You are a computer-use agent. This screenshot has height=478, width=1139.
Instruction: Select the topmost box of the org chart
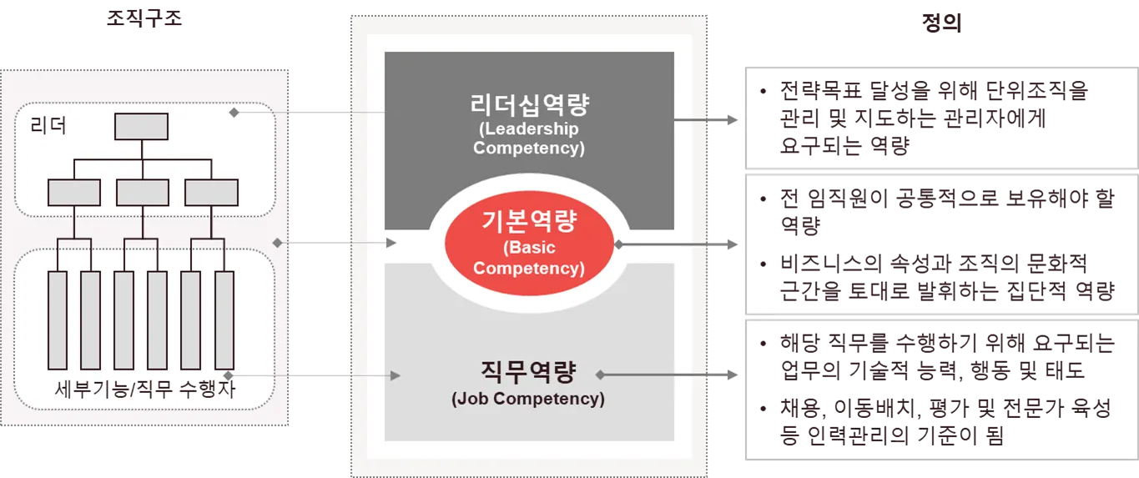click(141, 125)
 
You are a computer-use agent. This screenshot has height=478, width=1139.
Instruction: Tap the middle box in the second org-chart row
click(142, 193)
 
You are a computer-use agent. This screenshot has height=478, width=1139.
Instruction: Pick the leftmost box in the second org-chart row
click(73, 193)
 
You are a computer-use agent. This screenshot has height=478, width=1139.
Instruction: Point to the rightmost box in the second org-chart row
click(210, 193)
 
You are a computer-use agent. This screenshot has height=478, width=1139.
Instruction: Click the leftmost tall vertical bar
click(57, 320)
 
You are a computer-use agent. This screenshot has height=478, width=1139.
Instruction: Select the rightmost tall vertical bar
click(223, 320)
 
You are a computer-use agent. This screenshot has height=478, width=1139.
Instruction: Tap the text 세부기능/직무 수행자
click(144, 389)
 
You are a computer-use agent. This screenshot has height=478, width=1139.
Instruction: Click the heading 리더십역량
click(529, 105)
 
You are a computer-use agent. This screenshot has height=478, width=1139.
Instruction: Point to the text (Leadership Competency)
click(529, 139)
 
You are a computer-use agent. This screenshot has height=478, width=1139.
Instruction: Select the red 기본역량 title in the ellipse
click(529, 223)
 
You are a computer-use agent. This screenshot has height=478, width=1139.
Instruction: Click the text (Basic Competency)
click(529, 259)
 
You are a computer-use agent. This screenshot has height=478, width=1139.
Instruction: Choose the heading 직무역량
click(528, 370)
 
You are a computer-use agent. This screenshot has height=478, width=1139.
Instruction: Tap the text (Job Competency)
click(528, 399)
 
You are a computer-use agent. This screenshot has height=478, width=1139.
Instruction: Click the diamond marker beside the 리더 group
click(234, 112)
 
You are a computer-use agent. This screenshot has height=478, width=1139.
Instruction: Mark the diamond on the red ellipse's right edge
click(618, 244)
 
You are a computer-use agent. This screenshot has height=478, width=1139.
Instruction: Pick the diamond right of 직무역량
click(598, 375)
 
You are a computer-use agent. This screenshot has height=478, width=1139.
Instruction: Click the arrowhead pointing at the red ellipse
click(392, 244)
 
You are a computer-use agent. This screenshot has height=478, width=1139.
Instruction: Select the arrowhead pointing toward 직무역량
click(395, 376)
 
